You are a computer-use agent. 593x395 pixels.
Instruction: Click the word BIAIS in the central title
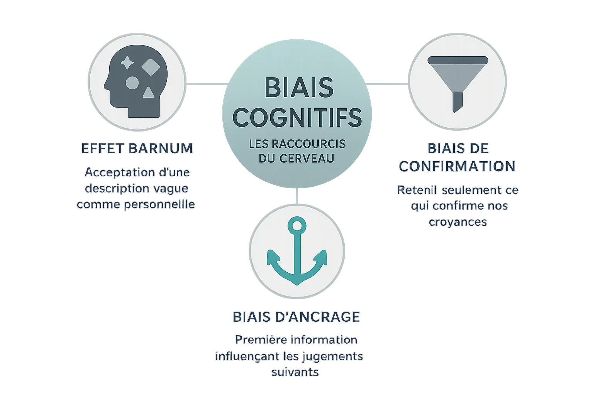pyautogui.click(x=299, y=88)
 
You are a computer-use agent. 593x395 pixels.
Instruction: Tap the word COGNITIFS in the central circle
pyautogui.click(x=298, y=117)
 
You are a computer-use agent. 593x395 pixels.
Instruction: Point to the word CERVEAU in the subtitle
pyautogui.click(x=307, y=158)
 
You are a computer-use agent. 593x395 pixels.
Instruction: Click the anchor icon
pyautogui.click(x=296, y=251)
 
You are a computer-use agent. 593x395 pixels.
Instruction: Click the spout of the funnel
pyautogui.click(x=457, y=101)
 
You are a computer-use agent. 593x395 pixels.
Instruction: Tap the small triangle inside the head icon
pyautogui.click(x=147, y=93)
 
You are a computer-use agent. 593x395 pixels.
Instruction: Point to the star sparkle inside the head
pyautogui.click(x=126, y=63)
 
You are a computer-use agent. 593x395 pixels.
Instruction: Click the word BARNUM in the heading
pyautogui.click(x=161, y=149)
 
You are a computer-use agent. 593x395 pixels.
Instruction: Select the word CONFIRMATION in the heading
pyautogui.click(x=457, y=166)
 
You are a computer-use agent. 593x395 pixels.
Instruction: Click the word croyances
pyautogui.click(x=458, y=222)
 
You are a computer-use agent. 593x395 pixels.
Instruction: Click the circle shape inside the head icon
pyautogui.click(x=132, y=82)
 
